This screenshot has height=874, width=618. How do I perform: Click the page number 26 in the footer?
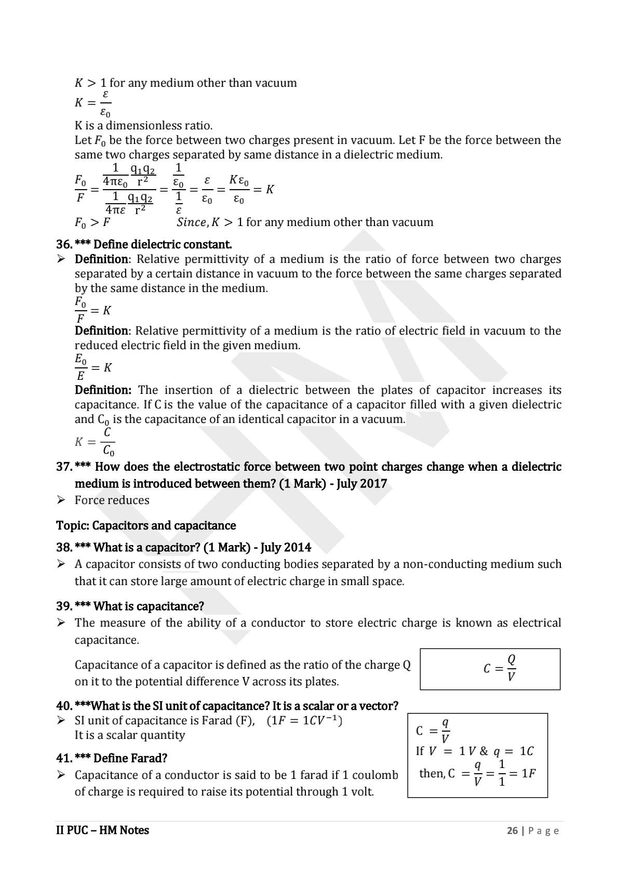pos(512,830)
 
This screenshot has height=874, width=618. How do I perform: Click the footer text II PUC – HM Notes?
pos(102,830)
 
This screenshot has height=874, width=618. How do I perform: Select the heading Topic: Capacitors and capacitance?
pos(146,525)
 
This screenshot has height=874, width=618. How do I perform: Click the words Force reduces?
pos(112,500)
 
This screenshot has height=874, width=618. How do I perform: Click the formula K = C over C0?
pos(95,442)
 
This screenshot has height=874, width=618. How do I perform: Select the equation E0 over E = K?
pos(93,367)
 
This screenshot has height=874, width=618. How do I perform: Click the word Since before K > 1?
pos(191,222)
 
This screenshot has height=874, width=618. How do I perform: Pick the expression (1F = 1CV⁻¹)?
pos(304,721)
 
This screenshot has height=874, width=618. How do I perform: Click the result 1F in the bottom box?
pos(528,773)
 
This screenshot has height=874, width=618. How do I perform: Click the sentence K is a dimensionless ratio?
pos(143,125)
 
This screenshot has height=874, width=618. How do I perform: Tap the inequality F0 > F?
pos(92,222)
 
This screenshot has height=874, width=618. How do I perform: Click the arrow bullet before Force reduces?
pos(61,500)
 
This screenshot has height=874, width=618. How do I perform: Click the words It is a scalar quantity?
pos(129,735)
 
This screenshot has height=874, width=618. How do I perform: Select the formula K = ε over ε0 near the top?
pos(93,103)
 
